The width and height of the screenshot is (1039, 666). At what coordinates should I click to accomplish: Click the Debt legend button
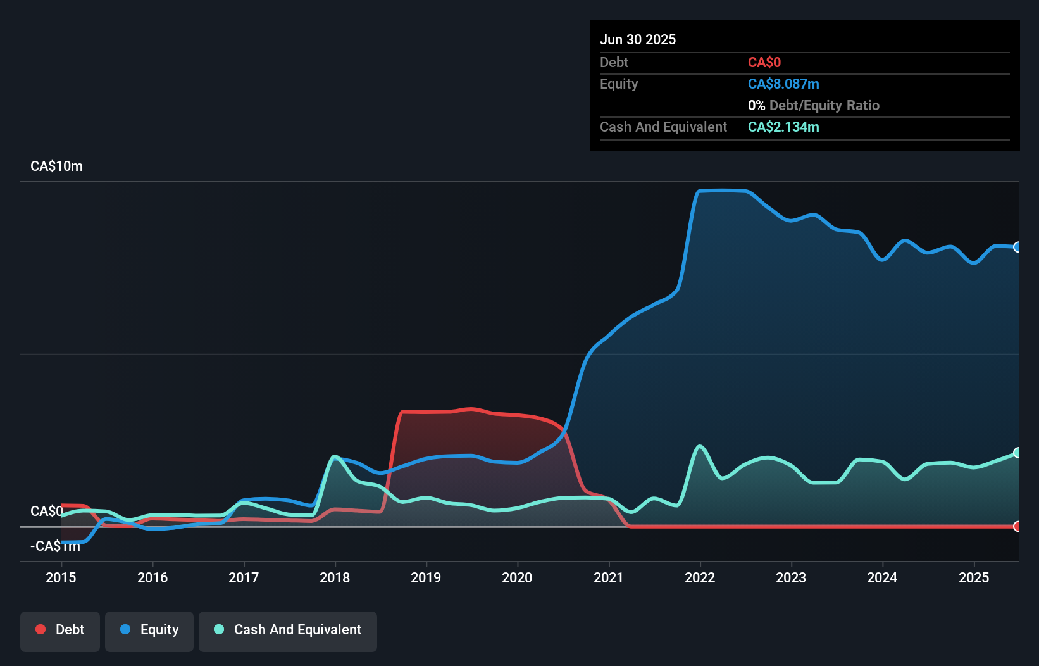coord(60,630)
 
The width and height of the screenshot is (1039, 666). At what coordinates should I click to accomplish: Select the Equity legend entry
coord(149,630)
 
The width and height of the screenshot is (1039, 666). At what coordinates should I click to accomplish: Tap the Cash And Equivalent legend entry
coord(288,630)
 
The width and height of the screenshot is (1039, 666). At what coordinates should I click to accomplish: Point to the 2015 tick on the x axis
coord(61,577)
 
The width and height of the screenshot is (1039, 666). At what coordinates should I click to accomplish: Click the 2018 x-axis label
coord(335,577)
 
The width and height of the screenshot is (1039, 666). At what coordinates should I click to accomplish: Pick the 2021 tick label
coord(608,577)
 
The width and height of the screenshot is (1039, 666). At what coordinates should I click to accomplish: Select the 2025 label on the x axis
coord(973,577)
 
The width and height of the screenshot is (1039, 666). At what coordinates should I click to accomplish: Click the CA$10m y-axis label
coord(56,166)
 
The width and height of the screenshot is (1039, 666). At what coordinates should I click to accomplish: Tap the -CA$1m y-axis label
coord(55,546)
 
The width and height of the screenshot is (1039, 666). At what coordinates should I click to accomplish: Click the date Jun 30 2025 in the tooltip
coord(638,39)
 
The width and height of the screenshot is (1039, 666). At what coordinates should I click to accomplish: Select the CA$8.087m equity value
coord(783,84)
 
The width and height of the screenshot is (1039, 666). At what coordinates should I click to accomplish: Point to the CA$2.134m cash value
coord(783,127)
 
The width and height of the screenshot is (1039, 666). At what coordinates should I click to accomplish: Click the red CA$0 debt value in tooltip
coord(764,63)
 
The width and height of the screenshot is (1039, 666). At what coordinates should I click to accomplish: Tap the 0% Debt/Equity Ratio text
coord(813,106)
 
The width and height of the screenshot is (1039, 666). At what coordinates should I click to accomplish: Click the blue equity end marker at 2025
coord(1017,247)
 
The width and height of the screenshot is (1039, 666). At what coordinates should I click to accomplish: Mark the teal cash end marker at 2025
coord(1017,453)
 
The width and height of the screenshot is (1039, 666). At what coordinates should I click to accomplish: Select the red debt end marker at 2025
coord(1017,526)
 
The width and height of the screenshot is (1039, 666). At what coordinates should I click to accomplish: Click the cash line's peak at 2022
coord(700,446)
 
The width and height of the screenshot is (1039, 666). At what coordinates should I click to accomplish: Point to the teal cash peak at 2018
coord(335,456)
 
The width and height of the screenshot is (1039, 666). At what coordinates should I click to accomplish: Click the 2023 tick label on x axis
coord(791,577)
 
